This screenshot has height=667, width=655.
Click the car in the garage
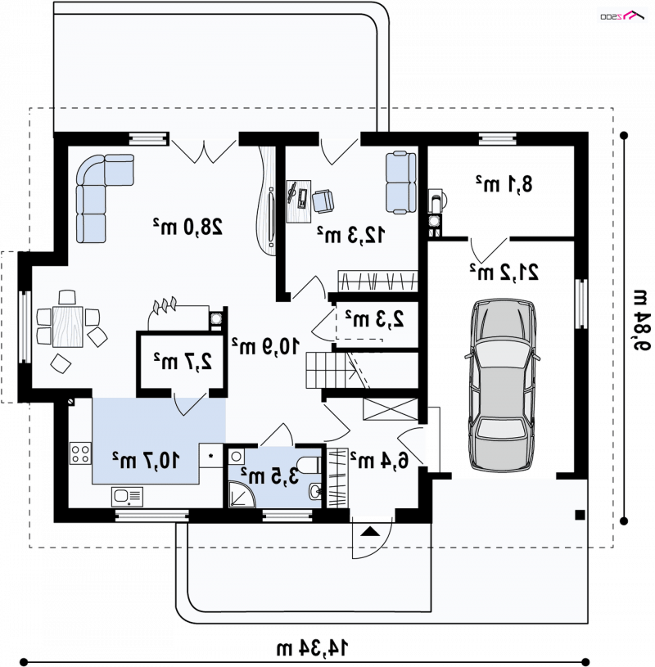point(502,385)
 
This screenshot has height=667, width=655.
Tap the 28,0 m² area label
point(187,227)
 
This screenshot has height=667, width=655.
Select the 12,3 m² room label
point(351,234)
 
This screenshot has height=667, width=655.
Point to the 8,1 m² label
point(504,184)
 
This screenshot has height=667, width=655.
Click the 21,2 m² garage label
point(504,272)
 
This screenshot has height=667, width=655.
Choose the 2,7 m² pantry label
point(183,361)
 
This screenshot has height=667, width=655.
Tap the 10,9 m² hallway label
point(265,346)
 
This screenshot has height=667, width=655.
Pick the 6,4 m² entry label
point(379,459)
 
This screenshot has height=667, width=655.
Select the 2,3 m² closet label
point(374,318)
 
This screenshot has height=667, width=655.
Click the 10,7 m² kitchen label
point(146,460)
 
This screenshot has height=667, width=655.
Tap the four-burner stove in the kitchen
point(80,453)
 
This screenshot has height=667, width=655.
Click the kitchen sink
point(127,497)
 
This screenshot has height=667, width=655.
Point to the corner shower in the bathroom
point(242,494)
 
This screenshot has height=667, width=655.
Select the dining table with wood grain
point(68,327)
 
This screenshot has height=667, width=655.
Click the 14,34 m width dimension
point(313,648)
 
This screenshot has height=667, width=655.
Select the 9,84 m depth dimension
point(642,320)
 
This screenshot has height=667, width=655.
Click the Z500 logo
point(621,16)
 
